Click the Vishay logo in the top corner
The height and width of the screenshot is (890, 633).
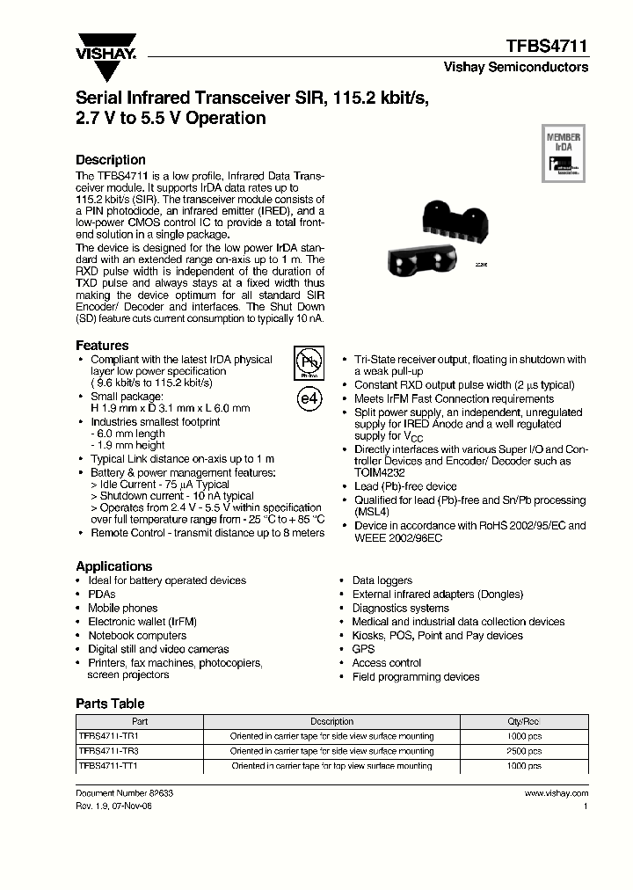[x=105, y=46]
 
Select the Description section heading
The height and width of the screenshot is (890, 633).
[x=111, y=160]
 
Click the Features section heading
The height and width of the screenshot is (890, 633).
[x=102, y=346]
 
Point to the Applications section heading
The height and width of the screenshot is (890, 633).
[x=113, y=566]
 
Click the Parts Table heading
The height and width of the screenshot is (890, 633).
[x=110, y=704]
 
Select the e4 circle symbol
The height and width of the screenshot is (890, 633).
[x=309, y=398]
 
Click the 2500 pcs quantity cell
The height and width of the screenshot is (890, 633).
[x=525, y=751]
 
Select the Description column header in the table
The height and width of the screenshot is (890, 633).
[x=331, y=721]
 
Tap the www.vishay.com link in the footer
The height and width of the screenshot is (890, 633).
[x=556, y=792]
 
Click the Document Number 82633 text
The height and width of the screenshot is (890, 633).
[x=124, y=792]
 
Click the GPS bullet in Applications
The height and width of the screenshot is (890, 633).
[x=363, y=649]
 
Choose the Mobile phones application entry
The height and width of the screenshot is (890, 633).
[x=123, y=608]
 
